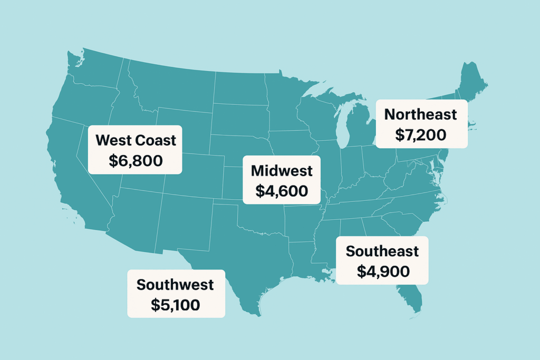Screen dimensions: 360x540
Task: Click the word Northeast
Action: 420,114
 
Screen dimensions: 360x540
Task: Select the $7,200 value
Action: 420,135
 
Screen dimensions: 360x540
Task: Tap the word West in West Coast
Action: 113,140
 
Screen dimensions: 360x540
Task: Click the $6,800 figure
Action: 136,161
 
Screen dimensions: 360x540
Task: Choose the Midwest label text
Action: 282,171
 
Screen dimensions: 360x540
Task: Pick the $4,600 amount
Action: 282,191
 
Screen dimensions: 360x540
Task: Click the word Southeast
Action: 382,251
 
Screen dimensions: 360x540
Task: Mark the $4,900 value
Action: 383,271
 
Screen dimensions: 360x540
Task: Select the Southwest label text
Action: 175,285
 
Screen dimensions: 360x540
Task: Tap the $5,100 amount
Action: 176,305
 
